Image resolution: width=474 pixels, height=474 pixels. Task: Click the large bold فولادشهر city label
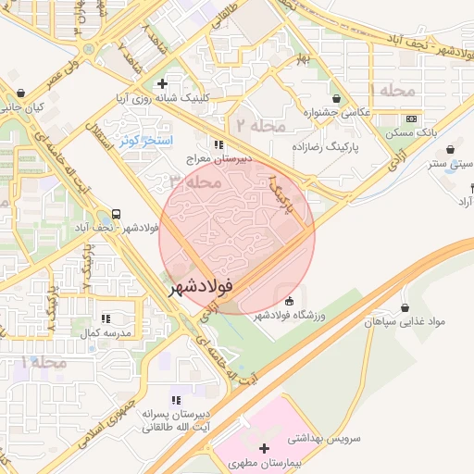coord(201,289)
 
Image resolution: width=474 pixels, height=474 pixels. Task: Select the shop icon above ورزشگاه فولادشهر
coord(289,301)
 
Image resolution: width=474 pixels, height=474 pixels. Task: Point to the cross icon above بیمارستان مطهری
coord(263,447)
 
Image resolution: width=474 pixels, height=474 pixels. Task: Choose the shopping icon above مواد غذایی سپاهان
coord(405,307)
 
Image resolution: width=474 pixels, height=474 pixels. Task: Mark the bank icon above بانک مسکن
coord(411,118)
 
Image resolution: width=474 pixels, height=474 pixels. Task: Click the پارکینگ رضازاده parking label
coord(329,147)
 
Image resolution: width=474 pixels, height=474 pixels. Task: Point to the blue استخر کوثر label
coord(141,140)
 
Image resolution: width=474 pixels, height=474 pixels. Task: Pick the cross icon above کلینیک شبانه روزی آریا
coord(162,84)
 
